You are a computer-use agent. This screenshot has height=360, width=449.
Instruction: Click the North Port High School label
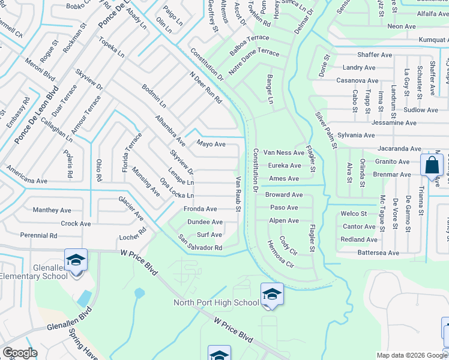pos(216,302)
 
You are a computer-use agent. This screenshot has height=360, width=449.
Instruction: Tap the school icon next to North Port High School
pos(272,294)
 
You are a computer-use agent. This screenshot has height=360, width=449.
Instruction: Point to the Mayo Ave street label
pos(211,144)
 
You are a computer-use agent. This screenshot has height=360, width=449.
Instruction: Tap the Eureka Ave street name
pos(285,166)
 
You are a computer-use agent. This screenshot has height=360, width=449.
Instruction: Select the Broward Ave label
pos(284,195)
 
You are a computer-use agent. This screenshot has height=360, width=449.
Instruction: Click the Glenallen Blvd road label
pos(71,321)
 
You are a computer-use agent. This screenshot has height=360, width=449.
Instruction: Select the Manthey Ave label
pos(50,211)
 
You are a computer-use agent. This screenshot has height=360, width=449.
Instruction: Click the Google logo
pos(20,353)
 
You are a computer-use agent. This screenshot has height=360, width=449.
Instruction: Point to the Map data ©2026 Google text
pos(411,355)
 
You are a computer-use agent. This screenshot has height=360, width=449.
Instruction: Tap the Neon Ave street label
pos(402,26)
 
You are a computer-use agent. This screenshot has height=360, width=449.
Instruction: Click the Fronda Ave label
pos(200,209)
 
